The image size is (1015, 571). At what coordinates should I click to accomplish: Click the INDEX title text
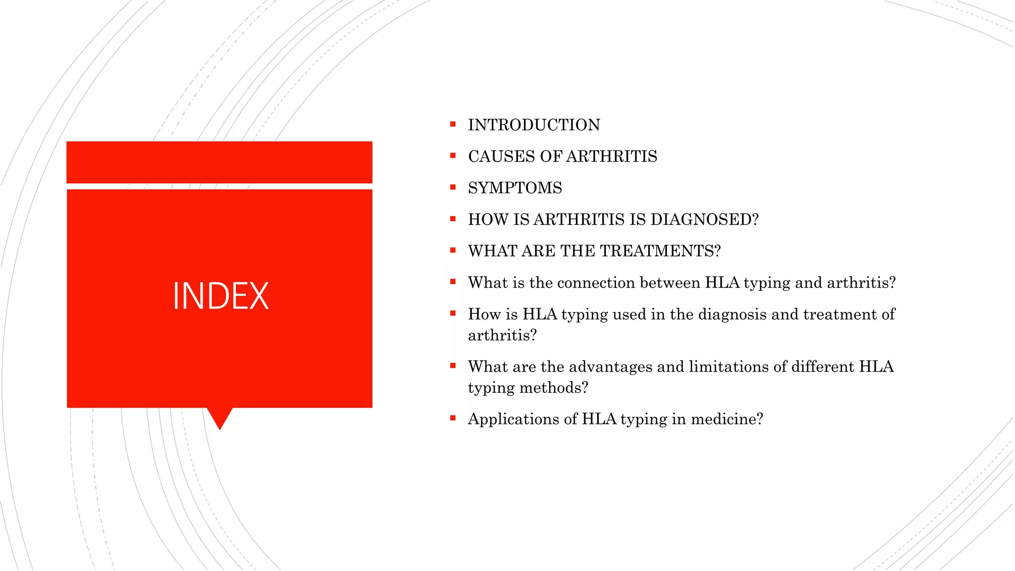(x=221, y=296)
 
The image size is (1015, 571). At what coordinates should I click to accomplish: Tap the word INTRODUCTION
(x=534, y=125)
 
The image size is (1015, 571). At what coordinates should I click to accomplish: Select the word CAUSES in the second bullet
(x=502, y=157)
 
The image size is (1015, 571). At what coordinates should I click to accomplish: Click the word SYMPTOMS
(x=515, y=188)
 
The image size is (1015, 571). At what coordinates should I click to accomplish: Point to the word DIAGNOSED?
(x=704, y=220)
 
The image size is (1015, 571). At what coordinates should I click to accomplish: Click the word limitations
(x=729, y=367)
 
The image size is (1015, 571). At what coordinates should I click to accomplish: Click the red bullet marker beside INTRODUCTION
(x=452, y=124)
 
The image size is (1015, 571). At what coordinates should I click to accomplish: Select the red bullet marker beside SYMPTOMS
(x=452, y=187)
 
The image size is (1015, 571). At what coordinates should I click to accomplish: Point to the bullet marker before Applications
(x=452, y=418)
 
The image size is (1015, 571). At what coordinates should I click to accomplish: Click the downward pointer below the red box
(x=220, y=417)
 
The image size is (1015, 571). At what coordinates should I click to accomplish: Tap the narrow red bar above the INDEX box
(x=219, y=162)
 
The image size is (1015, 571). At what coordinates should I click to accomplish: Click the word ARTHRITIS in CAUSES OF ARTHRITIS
(x=611, y=157)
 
